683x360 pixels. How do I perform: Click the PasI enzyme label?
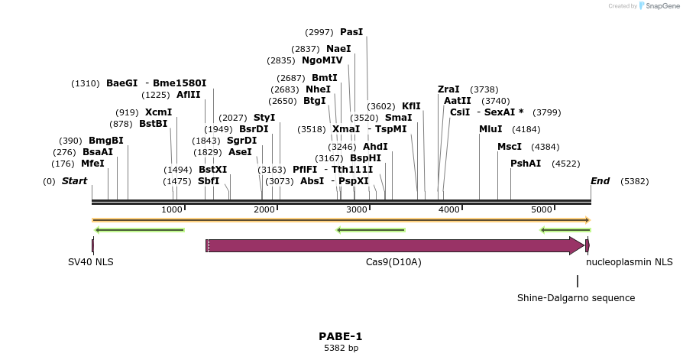(351, 32)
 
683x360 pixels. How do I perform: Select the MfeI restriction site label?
(92, 164)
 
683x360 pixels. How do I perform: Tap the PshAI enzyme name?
(526, 164)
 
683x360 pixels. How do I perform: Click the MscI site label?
(510, 146)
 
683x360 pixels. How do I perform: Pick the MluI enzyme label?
(490, 129)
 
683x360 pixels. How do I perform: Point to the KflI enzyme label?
(411, 106)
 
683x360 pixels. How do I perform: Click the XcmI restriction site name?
(159, 112)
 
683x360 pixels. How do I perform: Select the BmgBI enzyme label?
(105, 141)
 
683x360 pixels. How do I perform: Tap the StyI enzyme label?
(264, 118)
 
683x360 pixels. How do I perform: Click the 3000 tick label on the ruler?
(357, 209)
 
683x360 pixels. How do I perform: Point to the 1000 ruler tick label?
(172, 209)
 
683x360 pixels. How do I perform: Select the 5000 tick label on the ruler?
(542, 209)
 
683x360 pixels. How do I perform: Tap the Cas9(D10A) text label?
(393, 262)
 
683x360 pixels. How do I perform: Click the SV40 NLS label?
(90, 262)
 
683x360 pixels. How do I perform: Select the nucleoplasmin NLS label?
(630, 262)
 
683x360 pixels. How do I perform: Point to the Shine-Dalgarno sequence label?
(576, 298)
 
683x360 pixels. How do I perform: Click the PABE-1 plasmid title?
(341, 336)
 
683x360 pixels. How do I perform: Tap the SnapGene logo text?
(662, 6)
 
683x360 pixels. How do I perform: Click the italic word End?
(600, 181)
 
